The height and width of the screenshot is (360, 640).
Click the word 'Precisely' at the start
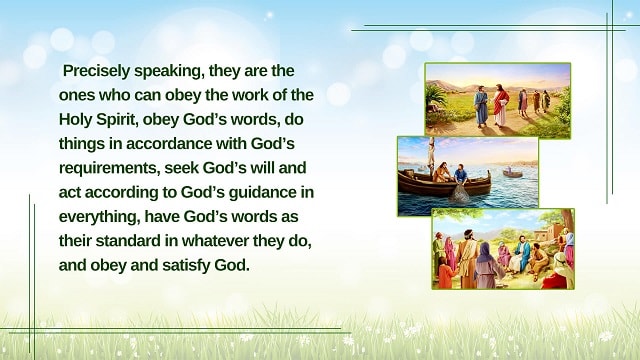coord(96,71)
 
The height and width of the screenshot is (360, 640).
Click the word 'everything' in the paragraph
coord(98,217)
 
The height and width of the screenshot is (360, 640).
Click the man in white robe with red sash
coord(501,106)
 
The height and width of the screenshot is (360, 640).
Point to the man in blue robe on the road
coord(481,106)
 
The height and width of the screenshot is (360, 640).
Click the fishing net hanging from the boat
coord(460,190)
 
